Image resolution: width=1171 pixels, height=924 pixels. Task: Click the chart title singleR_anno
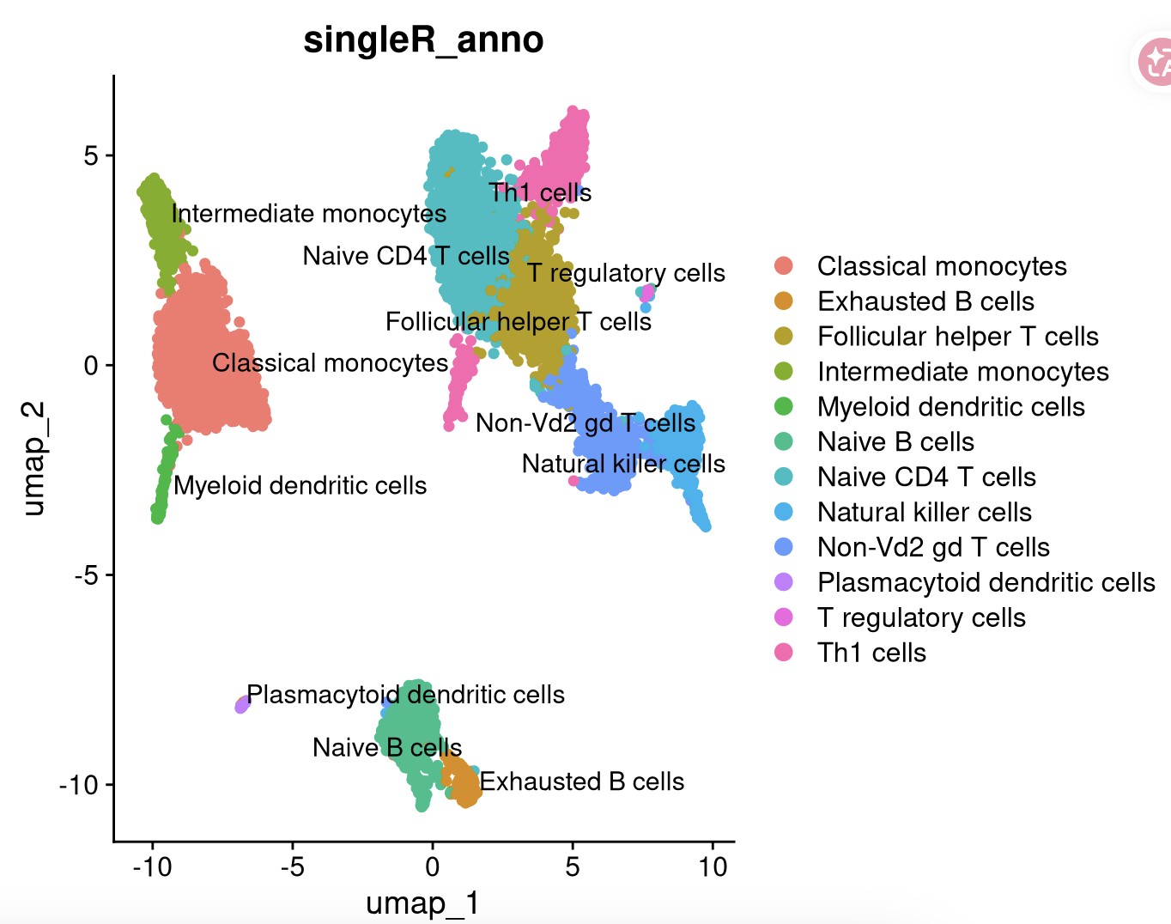[423, 40]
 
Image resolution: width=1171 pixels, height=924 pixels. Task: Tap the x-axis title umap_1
[422, 903]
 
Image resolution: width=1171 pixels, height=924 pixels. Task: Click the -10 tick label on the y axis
[78, 785]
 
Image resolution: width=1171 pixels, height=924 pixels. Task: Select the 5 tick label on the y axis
[91, 156]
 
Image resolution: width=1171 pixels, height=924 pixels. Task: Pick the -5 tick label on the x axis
[292, 866]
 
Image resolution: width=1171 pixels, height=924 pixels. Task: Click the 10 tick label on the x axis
[712, 866]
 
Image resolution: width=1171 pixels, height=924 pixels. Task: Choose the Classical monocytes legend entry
[941, 266]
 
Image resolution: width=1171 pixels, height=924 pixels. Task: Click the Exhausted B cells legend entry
[925, 301]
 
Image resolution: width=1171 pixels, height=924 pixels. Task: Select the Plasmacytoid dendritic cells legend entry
[986, 582]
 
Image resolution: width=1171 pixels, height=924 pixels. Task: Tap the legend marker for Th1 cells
[783, 653]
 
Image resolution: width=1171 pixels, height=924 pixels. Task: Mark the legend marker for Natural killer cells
[783, 512]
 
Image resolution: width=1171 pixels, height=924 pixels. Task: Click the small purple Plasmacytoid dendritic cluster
[242, 705]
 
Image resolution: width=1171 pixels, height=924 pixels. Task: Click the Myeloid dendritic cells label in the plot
[300, 486]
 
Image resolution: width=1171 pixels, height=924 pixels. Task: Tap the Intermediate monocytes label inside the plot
[309, 214]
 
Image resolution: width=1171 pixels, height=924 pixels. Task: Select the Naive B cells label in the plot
[387, 748]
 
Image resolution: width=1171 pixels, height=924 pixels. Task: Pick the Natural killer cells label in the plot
[623, 465]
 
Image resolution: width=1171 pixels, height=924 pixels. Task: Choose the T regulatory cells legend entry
[921, 617]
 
